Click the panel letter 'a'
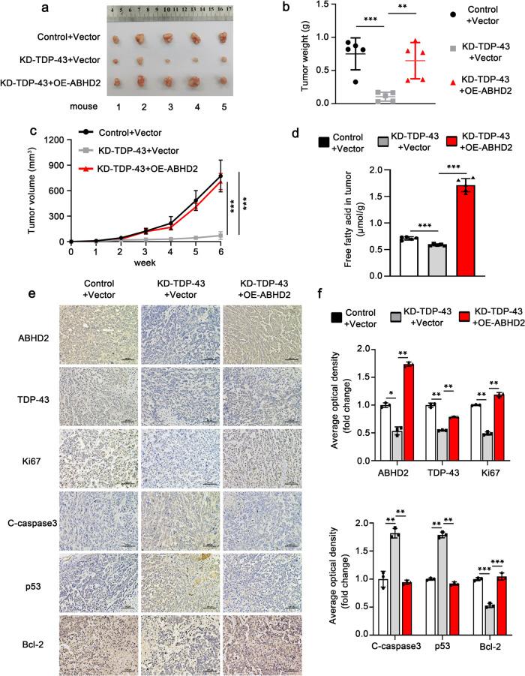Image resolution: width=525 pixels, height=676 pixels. click(x=36, y=8)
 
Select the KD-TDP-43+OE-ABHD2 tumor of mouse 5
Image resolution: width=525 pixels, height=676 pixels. click(x=222, y=80)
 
